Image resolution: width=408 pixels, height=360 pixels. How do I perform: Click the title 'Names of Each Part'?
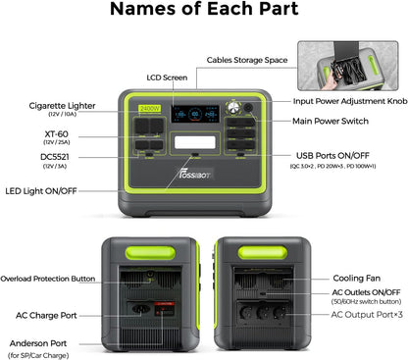203,13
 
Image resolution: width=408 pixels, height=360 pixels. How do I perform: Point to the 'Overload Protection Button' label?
48,279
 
